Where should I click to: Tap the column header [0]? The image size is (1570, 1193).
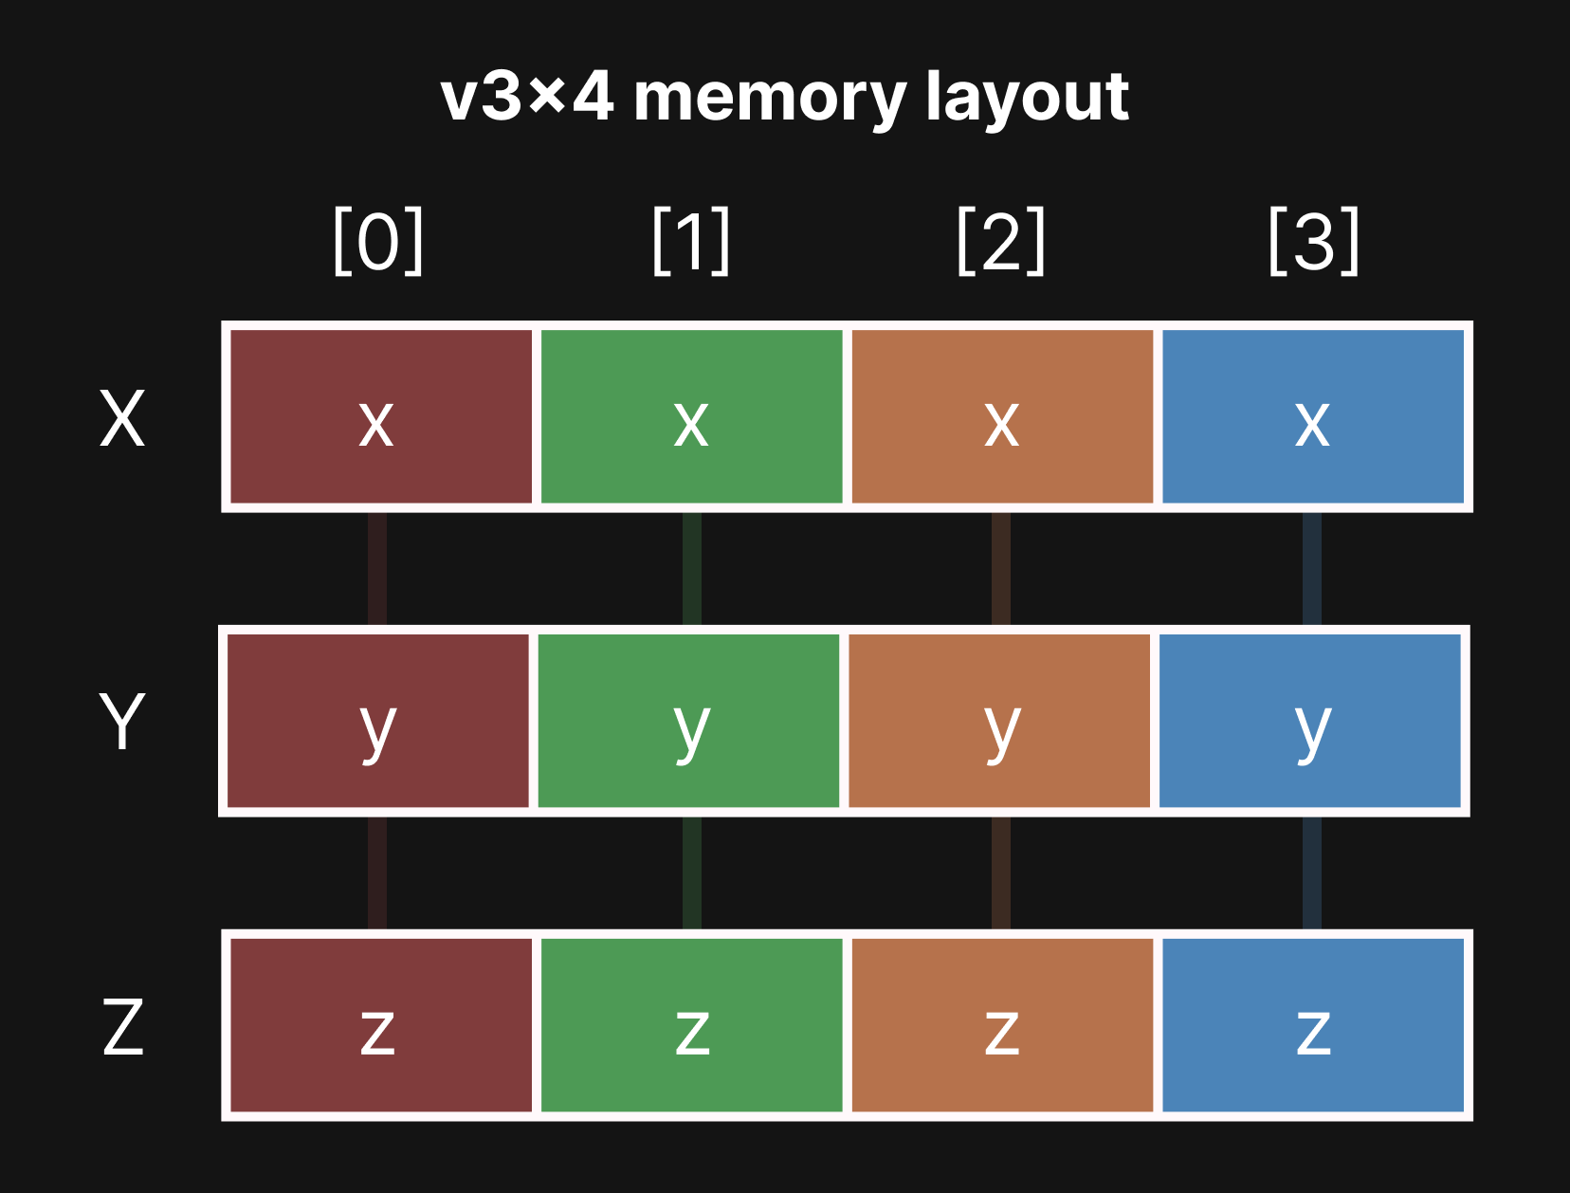click(x=377, y=242)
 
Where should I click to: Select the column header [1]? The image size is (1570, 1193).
click(x=691, y=242)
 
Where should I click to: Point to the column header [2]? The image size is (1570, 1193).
click(x=1001, y=242)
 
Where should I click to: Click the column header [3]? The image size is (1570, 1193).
click(x=1313, y=242)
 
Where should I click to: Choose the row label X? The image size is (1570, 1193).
click(x=122, y=419)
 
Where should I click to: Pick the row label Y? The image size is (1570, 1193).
click(x=122, y=723)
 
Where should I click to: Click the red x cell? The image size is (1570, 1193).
click(x=380, y=417)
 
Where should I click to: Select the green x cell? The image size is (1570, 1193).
click(x=691, y=417)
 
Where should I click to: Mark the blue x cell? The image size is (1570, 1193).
click(x=1313, y=417)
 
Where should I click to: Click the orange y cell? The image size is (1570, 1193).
click(x=999, y=721)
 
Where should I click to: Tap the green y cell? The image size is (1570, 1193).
click(x=688, y=721)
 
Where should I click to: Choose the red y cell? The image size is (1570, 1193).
click(x=377, y=721)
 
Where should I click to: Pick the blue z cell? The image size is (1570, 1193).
click(x=1313, y=1025)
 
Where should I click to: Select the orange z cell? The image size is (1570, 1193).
click(x=1002, y=1025)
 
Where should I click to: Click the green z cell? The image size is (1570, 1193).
click(x=691, y=1025)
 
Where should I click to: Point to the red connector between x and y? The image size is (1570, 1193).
click(x=377, y=569)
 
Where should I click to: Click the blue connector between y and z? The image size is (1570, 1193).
click(x=1312, y=872)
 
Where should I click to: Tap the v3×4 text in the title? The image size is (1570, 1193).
click(x=527, y=99)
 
